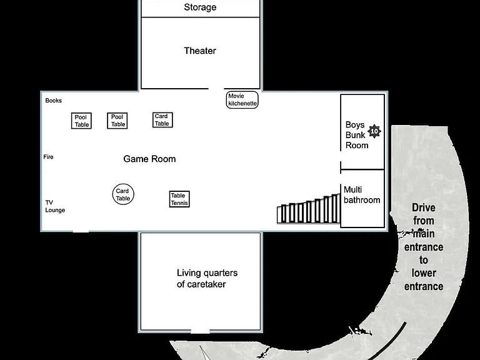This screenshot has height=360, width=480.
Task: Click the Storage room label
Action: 200,7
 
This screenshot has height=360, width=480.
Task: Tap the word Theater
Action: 200,51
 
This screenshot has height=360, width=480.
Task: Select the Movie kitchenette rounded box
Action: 242,100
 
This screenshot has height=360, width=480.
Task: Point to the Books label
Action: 53,101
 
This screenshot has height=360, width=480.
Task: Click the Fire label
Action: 48,157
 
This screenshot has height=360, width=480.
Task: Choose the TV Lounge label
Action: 55,206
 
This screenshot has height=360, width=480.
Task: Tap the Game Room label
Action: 149,159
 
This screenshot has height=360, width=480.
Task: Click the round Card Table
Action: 123,194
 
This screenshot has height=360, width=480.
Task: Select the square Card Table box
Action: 162,120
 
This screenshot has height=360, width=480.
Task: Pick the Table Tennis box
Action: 179,199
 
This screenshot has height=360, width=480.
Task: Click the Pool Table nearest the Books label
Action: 81,121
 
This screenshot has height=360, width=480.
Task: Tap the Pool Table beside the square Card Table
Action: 117,121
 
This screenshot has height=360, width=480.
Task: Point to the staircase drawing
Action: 309,209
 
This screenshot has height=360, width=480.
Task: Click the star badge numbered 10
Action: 374,131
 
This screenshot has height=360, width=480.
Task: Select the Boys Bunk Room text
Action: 357,135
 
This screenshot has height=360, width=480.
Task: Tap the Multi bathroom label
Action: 362,195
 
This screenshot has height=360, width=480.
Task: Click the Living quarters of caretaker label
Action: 207,278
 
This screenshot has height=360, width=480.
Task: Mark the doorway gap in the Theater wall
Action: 216,89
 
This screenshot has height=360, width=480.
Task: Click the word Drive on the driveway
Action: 424,207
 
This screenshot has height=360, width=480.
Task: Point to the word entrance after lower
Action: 424,286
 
